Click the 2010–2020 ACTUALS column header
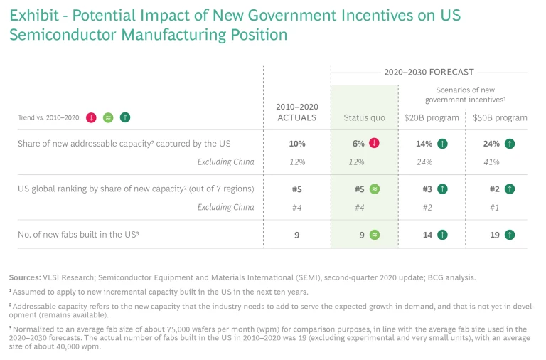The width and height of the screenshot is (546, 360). point(296,112)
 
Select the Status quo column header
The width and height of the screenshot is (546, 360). point(364,117)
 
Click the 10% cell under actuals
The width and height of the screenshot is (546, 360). point(296,144)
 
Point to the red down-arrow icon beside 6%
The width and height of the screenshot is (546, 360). point(375,144)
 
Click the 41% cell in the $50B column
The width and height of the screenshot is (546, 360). point(491,162)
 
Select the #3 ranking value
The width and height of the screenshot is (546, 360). point(427,189)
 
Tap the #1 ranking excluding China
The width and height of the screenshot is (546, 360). point(491,207)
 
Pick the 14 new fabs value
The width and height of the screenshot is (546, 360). point(427,234)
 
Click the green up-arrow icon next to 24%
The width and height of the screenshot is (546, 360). point(510,144)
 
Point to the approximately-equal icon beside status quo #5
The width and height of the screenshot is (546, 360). point(375,189)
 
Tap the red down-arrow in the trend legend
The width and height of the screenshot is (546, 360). point(90,117)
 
